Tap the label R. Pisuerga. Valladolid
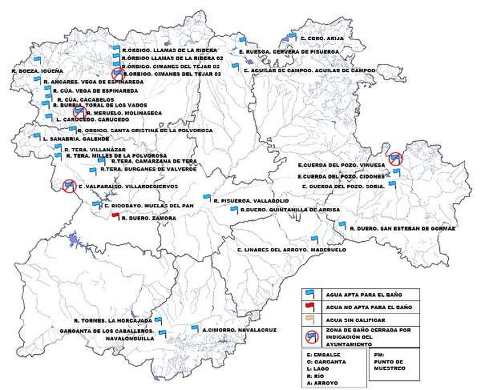(x=251, y=201)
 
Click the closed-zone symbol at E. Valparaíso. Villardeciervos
(x=69, y=186)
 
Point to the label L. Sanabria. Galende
(x=76, y=139)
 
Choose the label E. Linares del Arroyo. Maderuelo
(x=291, y=250)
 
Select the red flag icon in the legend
(x=310, y=306)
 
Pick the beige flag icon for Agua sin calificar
(x=310, y=319)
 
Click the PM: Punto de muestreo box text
(x=389, y=362)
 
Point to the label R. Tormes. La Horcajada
(x=113, y=321)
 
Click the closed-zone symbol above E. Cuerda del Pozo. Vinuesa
(x=395, y=159)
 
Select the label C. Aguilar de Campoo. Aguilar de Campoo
(x=310, y=71)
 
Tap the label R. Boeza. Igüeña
(x=37, y=71)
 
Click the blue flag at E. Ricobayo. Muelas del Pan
(x=96, y=204)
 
